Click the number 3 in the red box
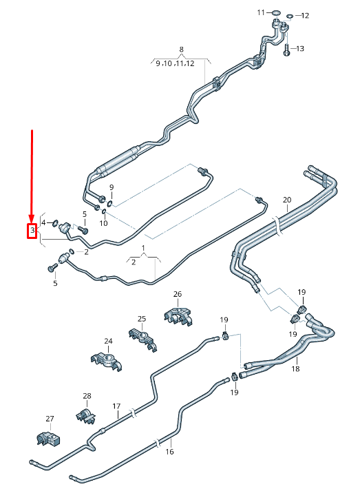(32, 231)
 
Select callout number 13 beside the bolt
(299, 48)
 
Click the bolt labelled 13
(287, 48)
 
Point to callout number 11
(261, 12)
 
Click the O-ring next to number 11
(276, 13)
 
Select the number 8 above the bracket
(181, 49)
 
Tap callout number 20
(287, 200)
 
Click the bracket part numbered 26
(178, 316)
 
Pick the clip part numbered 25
(142, 339)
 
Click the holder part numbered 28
(85, 416)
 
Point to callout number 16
(169, 451)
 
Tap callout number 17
(116, 406)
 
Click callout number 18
(295, 368)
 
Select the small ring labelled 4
(55, 223)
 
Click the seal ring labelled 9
(109, 204)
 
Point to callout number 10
(104, 223)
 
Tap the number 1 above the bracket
(143, 248)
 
